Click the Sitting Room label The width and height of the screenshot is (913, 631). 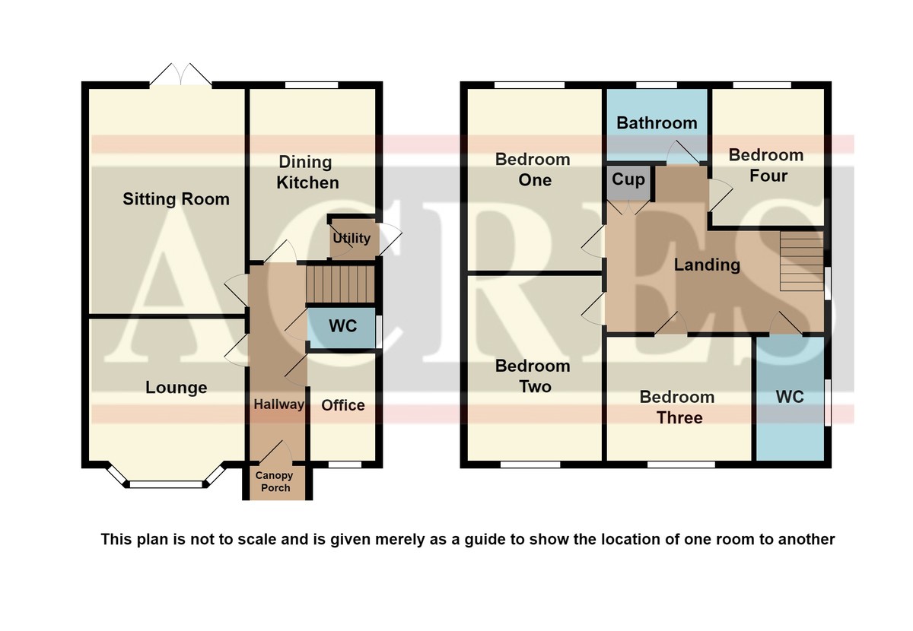tap(176, 199)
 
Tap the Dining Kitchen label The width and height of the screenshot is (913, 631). tap(307, 173)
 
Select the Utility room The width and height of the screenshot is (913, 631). tap(352, 239)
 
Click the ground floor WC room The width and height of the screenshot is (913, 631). tap(341, 328)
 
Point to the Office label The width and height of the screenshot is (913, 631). tap(343, 405)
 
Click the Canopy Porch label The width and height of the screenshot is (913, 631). tap(275, 481)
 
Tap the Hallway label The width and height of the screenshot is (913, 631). tap(278, 404)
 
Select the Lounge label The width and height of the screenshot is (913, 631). tap(176, 388)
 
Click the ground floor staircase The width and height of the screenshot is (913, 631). tap(340, 284)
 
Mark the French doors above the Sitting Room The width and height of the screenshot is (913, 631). tap(180, 75)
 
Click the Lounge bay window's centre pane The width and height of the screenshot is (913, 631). tap(166, 484)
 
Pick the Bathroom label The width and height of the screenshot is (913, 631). tap(657, 123)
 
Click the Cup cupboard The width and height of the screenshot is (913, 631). tap(628, 183)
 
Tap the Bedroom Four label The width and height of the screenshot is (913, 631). tap(766, 166)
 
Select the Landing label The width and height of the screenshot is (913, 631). tap(707, 265)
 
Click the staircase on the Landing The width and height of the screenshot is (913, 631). tap(802, 261)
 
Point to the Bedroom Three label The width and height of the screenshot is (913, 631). tap(677, 407)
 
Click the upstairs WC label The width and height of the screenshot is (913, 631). tap(790, 397)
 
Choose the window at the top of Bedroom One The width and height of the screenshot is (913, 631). tap(530, 85)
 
